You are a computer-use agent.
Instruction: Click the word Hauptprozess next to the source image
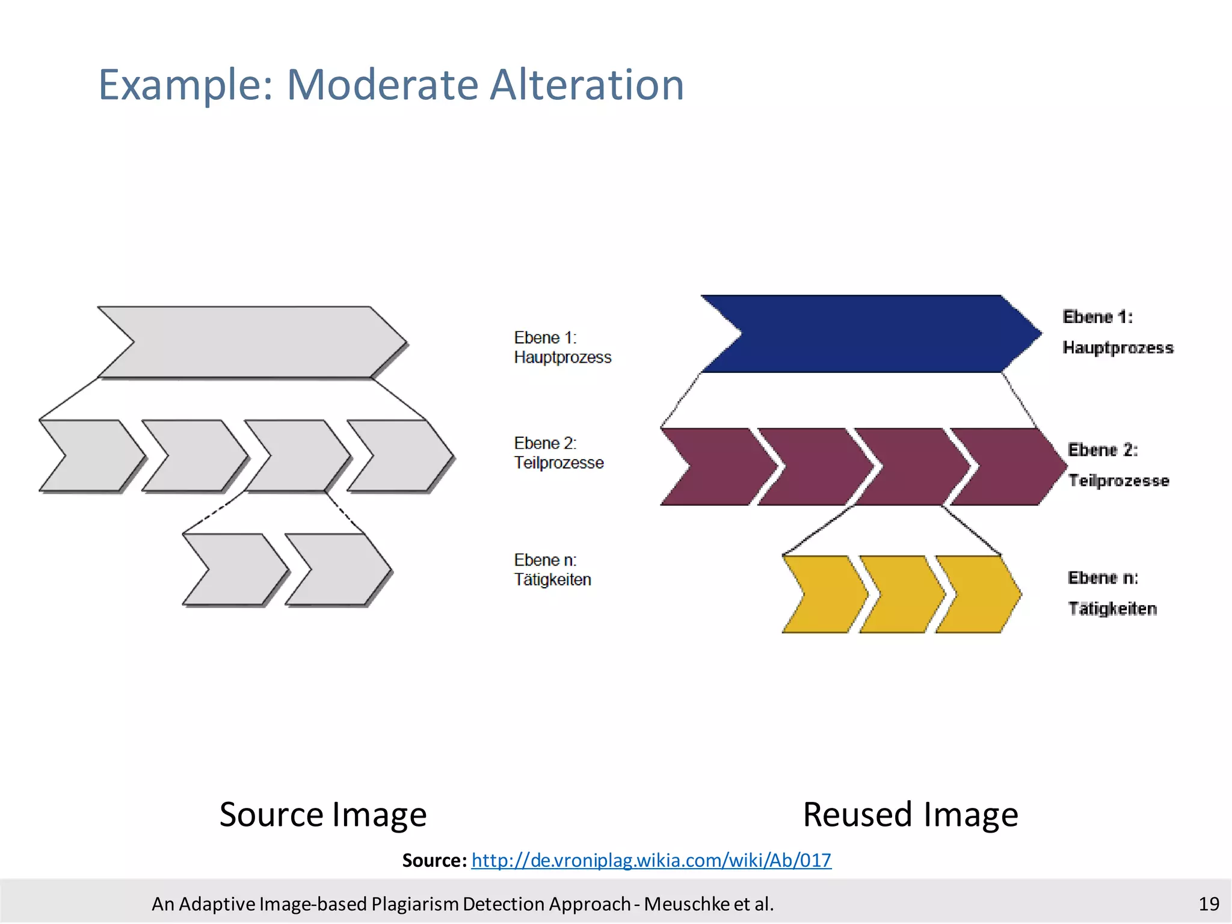[x=562, y=357]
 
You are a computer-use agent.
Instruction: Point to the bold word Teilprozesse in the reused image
[x=1118, y=481]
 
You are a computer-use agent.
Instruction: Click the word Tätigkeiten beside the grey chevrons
[x=552, y=580]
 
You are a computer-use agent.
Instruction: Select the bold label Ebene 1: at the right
[x=1097, y=317]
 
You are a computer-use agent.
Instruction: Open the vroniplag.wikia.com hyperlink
[x=651, y=860]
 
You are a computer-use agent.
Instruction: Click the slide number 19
[x=1209, y=904]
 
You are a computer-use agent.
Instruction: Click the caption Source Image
[x=323, y=815]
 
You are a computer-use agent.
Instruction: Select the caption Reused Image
[x=910, y=815]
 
